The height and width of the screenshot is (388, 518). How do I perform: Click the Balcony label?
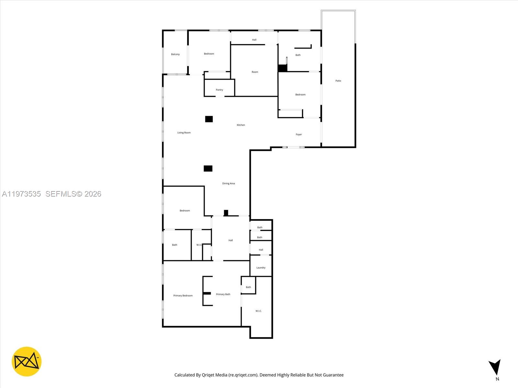[175, 54]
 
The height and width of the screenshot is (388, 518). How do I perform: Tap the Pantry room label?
[220, 90]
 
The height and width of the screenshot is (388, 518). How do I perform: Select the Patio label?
[338, 81]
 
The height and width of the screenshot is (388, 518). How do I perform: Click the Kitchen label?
[241, 125]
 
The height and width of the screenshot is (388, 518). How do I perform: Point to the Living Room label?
[184, 133]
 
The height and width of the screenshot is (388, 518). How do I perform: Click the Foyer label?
[298, 135]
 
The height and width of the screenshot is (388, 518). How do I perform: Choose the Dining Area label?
[228, 184]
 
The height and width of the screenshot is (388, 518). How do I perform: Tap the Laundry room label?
[261, 268]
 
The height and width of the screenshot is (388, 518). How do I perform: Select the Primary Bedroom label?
[183, 296]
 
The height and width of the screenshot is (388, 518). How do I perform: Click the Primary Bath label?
[223, 294]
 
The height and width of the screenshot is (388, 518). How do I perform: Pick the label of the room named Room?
[255, 72]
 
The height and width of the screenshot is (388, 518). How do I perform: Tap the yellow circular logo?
[27, 361]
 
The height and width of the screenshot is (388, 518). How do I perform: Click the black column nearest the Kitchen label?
[209, 119]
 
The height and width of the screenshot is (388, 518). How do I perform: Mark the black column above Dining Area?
[208, 168]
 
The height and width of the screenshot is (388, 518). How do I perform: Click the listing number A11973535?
[21, 194]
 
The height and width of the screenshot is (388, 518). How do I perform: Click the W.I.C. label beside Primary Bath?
[258, 311]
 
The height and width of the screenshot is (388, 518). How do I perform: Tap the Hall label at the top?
[254, 40]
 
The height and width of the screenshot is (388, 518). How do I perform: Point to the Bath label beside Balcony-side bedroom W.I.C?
[175, 245]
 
